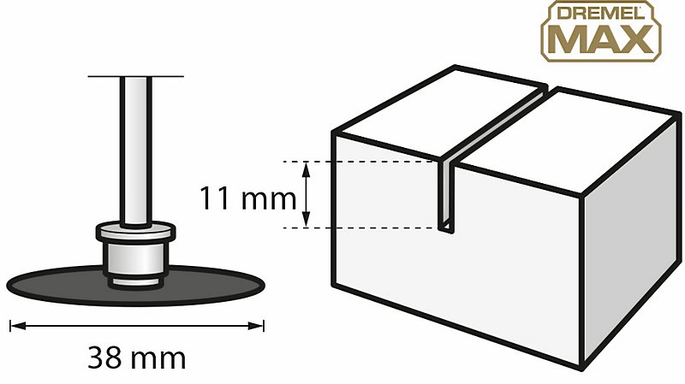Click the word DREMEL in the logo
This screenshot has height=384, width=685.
click(601, 14)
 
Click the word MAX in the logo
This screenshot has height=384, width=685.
click(601, 39)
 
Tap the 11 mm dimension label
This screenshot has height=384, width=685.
click(247, 198)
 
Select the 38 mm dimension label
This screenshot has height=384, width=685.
click(137, 357)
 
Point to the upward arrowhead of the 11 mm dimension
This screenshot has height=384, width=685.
click(307, 168)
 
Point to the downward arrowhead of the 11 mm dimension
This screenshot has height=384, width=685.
click(307, 220)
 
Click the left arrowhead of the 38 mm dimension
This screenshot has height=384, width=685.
click(17, 326)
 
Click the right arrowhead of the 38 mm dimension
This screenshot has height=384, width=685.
click(256, 326)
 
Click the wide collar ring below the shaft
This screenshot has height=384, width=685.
click(136, 231)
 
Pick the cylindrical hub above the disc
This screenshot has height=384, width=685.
click(136, 258)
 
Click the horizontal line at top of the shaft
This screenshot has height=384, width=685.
click(136, 76)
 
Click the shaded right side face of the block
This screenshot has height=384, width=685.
click(632, 236)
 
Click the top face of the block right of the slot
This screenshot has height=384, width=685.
click(568, 139)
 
